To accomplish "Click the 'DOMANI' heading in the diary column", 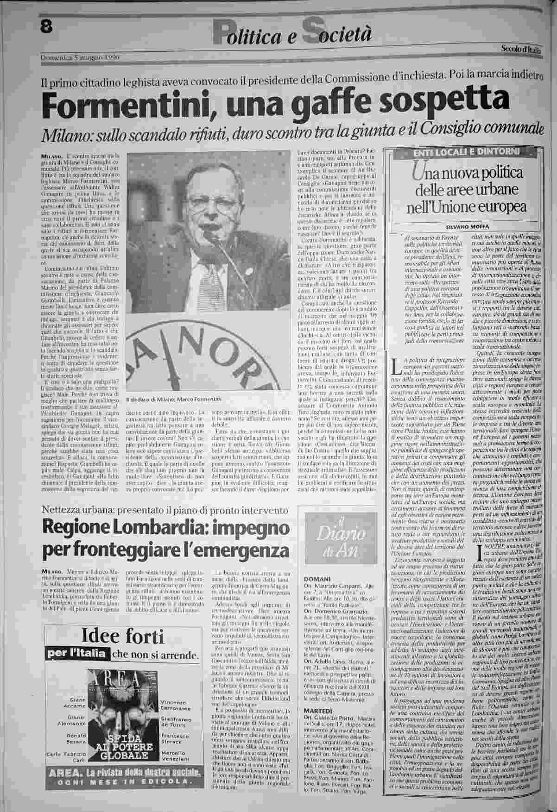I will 318,579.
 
